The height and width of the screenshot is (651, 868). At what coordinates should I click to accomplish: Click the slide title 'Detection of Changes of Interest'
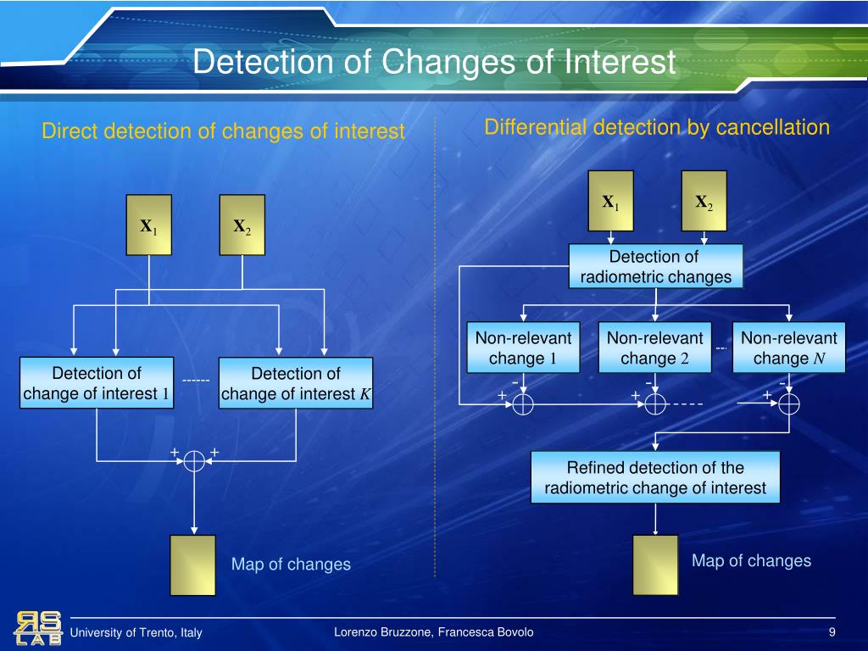pos(433,63)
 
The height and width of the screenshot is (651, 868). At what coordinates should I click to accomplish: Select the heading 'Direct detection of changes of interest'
pos(224,131)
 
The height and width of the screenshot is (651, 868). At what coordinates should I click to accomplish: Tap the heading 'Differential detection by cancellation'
pos(657,128)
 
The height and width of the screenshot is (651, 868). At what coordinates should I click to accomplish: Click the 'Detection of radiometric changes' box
pos(655,267)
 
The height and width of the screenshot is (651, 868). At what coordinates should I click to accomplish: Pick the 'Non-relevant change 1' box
pos(523,348)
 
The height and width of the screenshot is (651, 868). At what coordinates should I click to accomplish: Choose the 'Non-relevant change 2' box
pos(654,348)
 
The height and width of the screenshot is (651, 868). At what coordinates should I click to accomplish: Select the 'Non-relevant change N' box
pos(788,348)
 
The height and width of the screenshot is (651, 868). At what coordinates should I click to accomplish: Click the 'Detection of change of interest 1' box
pos(97,383)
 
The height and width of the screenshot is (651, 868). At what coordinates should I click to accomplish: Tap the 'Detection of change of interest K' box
pos(296,384)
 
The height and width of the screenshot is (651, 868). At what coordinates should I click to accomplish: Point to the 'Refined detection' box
pos(655,478)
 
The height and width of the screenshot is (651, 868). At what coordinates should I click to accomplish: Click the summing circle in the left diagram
pos(195,460)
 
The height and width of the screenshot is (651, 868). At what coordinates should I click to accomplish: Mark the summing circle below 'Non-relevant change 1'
pos(523,404)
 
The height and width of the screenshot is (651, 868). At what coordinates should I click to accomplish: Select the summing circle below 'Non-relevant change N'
pos(789,404)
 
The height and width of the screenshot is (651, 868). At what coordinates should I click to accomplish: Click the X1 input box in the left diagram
pos(149,225)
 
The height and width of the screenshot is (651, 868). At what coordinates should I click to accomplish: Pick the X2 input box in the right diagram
pos(704,201)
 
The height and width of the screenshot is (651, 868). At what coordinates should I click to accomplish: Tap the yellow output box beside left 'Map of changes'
pos(192,565)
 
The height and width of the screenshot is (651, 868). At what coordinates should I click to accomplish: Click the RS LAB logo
pos(37,628)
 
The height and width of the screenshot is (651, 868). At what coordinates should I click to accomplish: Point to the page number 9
pos(832,632)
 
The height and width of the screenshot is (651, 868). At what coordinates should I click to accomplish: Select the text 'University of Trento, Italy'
pos(136,633)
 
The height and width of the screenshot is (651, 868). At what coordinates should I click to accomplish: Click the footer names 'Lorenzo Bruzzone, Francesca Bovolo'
pos(434,632)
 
